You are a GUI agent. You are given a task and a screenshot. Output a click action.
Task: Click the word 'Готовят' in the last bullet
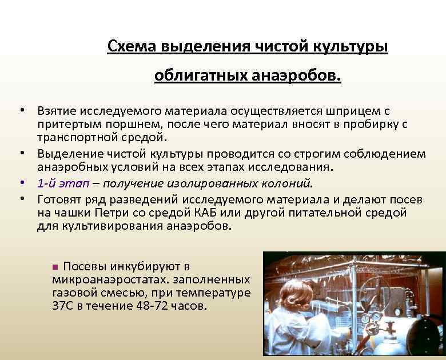point(61,198)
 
